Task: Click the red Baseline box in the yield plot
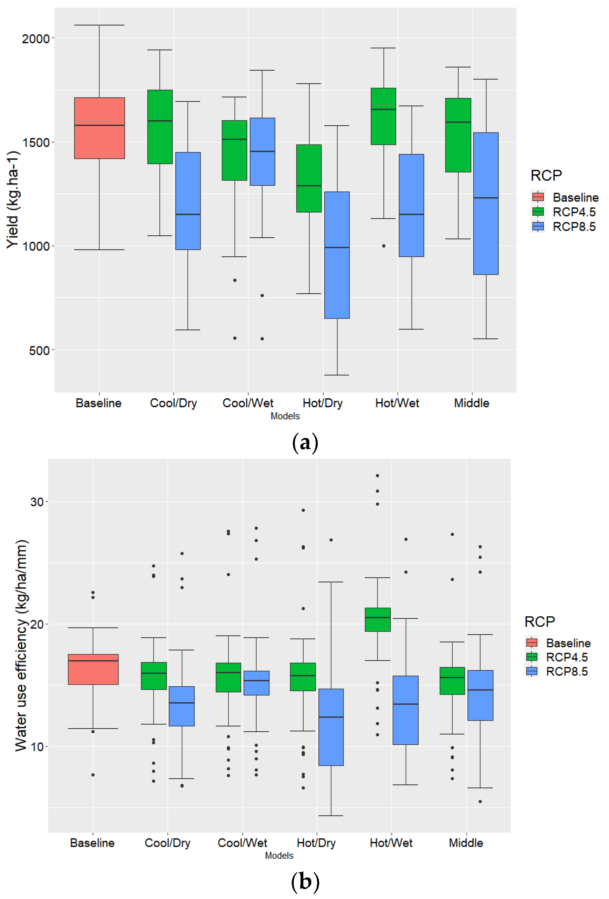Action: click(99, 128)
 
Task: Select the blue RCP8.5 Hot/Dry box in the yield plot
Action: click(336, 255)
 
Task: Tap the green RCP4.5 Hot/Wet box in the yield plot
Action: click(383, 116)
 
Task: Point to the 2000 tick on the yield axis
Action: click(36, 39)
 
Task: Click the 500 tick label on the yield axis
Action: click(39, 351)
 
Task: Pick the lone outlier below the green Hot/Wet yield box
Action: click(383, 246)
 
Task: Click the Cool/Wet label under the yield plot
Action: click(248, 403)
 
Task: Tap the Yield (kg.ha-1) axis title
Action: click(12, 199)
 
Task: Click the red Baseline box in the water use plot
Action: click(93, 669)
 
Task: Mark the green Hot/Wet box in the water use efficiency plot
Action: click(377, 619)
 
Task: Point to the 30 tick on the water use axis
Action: click(37, 502)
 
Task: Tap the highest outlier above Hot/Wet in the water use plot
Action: click(377, 475)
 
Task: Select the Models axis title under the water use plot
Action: click(279, 855)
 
